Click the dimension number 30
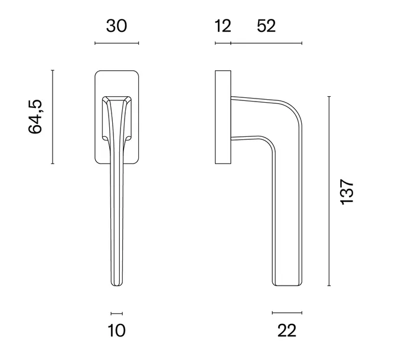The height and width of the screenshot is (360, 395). pos(116,26)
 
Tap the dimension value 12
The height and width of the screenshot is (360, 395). pos(223,26)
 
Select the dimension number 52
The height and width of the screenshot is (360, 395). pos(266,26)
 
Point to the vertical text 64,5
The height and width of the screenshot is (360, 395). pos(35,117)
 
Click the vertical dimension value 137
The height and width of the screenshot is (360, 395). pos(347,192)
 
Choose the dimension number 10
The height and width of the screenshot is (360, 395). pos(116,330)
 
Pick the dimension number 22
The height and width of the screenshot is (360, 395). pos(287,330)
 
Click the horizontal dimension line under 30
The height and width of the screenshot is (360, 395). pos(117,43)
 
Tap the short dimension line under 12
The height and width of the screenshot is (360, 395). pos(223,43)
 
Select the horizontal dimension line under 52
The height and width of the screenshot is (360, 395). pos(266,43)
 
